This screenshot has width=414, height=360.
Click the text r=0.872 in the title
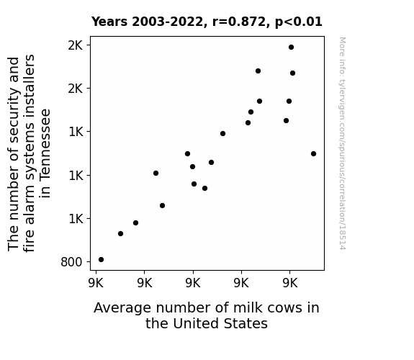tap(239, 22)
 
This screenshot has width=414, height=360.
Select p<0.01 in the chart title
tap(299, 22)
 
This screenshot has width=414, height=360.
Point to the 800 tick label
tap(71, 262)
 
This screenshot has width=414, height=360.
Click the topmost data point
tap(291, 48)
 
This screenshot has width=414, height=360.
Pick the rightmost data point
tap(313, 153)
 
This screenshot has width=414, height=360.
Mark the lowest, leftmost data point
tap(101, 260)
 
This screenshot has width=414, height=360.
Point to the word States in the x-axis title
tap(246, 323)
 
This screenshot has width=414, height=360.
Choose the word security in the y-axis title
tap(14, 118)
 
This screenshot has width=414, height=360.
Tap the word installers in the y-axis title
tap(29, 86)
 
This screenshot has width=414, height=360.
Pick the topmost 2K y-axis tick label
tap(76, 45)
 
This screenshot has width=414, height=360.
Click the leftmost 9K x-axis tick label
tap(96, 283)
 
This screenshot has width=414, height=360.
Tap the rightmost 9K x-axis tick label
tap(290, 283)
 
